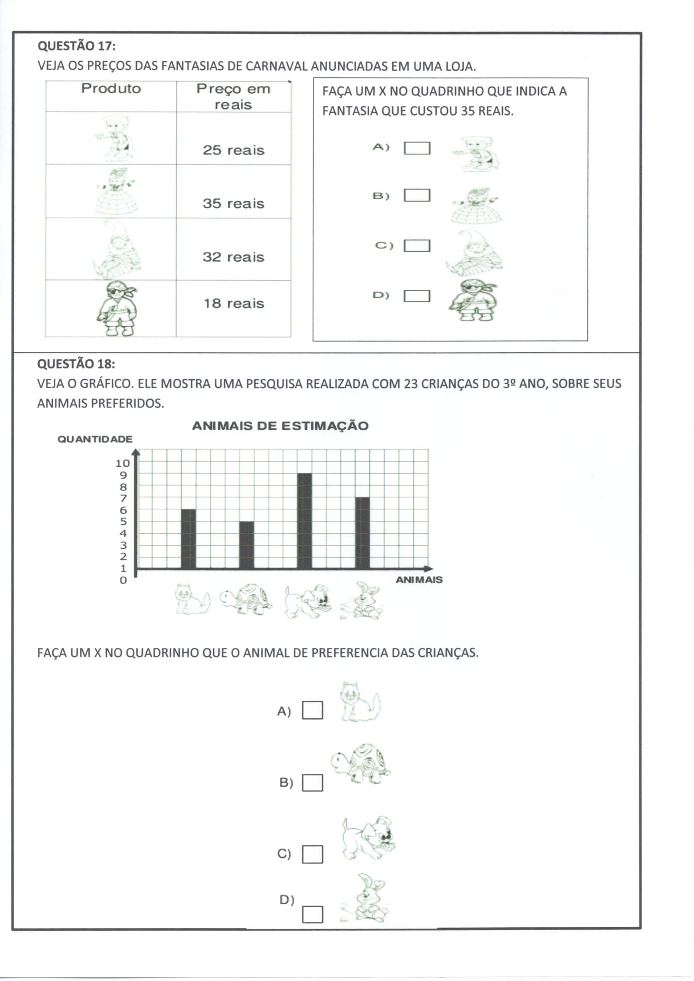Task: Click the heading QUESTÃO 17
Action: point(76,46)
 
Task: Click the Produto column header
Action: point(111,89)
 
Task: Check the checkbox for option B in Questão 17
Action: point(417,195)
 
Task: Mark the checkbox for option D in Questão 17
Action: point(417,296)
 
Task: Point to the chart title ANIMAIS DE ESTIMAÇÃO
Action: point(280,425)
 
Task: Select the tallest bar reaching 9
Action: point(304,521)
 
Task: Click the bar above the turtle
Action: point(246,545)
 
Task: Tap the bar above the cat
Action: point(188,539)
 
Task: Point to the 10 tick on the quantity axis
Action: point(122,463)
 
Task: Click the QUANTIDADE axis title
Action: point(95,439)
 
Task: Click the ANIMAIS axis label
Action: point(419,580)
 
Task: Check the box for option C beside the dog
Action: point(313,854)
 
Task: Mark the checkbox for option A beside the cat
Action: point(313,710)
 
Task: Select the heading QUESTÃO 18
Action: point(76,364)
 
